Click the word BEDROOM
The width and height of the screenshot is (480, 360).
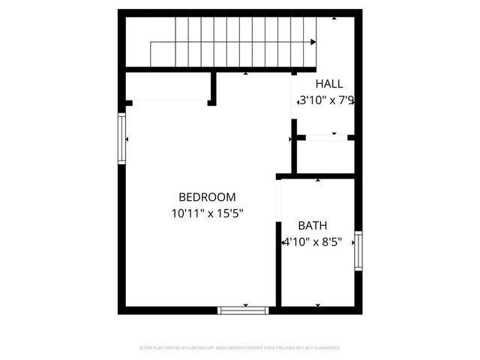pyautogui.click(x=207, y=197)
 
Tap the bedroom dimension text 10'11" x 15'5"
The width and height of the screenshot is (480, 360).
pyautogui.click(x=207, y=213)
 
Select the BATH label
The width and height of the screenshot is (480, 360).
pyautogui.click(x=313, y=225)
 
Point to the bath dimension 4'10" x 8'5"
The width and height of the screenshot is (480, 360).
pyautogui.click(x=316, y=242)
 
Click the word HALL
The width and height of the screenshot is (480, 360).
pyautogui.click(x=328, y=84)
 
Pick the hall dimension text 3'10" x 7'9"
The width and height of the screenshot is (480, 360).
pyautogui.click(x=326, y=100)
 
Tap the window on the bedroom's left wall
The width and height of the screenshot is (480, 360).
pyautogui.click(x=121, y=138)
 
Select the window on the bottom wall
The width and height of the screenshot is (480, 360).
pyautogui.click(x=243, y=310)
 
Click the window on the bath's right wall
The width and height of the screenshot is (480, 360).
pyautogui.click(x=358, y=251)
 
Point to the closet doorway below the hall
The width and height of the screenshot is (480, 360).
pyautogui.click(x=322, y=137)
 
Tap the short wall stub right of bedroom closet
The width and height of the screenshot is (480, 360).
pyautogui.click(x=213, y=88)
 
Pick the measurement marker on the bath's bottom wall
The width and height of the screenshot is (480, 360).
pyautogui.click(x=318, y=305)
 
